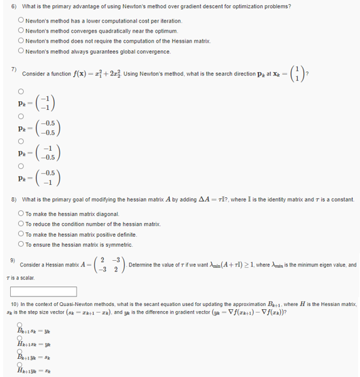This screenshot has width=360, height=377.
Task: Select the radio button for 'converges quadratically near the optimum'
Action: point(21,31)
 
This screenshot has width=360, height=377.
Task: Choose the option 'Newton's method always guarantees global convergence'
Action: point(21,51)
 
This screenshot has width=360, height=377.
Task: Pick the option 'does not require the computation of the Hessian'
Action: point(21,41)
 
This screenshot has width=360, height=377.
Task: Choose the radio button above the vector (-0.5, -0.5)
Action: point(21,116)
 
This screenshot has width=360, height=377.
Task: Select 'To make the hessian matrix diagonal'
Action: point(21,214)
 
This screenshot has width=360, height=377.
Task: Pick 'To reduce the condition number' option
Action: point(21,224)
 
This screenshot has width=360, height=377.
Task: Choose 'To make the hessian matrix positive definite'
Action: point(21,234)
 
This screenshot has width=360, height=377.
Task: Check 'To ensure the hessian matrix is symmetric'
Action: point(21,244)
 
